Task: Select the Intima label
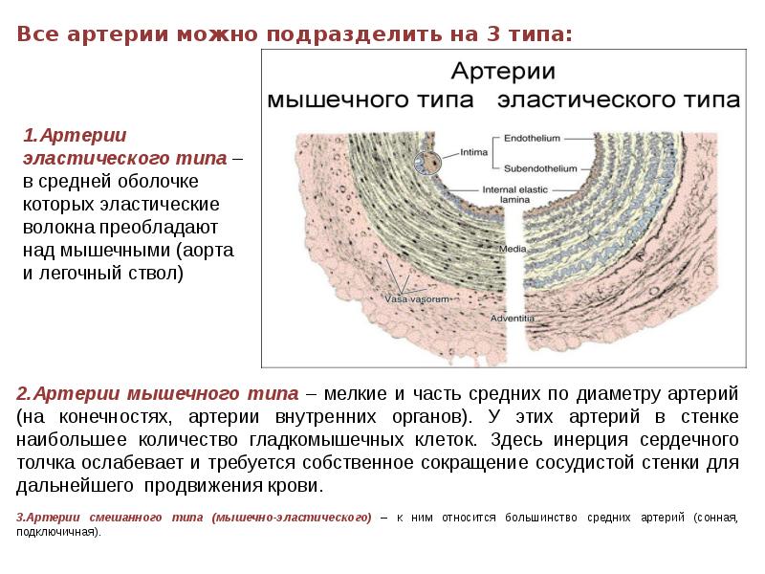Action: [x=474, y=151]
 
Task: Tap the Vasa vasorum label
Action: [x=416, y=299]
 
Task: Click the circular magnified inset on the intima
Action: [x=426, y=165]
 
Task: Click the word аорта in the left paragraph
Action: [x=212, y=251]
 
